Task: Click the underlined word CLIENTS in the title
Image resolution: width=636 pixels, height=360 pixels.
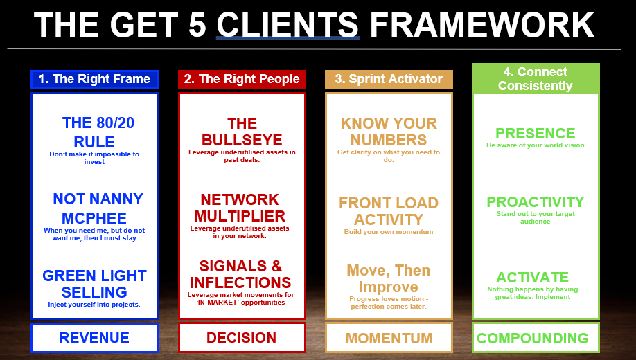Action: [x=288, y=26]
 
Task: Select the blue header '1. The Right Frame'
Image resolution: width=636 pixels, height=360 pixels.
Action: [x=94, y=79]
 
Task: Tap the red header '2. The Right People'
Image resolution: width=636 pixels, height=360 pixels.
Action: [x=242, y=79]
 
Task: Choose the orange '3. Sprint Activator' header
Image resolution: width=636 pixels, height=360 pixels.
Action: [x=389, y=79]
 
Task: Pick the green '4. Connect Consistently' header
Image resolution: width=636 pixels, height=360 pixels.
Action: [x=535, y=79]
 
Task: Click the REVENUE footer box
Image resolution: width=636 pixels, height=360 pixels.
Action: [x=94, y=338]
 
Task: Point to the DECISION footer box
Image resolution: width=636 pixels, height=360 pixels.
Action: [x=242, y=338]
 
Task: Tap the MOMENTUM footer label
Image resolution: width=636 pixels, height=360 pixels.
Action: [x=389, y=339]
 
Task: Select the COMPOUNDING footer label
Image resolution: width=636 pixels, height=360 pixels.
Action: [x=533, y=339]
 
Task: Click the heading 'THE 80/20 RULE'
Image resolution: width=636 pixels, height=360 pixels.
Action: [x=98, y=132]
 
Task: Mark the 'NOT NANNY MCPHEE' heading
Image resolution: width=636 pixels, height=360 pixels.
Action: [x=98, y=208]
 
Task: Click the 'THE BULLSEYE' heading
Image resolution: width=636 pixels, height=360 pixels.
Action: [x=242, y=132]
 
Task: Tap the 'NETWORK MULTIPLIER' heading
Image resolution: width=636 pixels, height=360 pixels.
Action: [x=240, y=208]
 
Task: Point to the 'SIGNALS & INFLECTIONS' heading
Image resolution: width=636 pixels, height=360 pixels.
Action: [x=241, y=274]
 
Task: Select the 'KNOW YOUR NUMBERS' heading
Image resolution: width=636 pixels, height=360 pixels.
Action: [x=389, y=132]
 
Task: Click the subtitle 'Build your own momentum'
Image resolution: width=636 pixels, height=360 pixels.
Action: [x=389, y=232]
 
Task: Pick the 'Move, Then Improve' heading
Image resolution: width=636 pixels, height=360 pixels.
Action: [x=389, y=278]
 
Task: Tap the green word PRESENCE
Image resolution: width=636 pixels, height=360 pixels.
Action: [x=536, y=133]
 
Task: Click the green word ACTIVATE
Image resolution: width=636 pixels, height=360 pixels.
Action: [x=532, y=277]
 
